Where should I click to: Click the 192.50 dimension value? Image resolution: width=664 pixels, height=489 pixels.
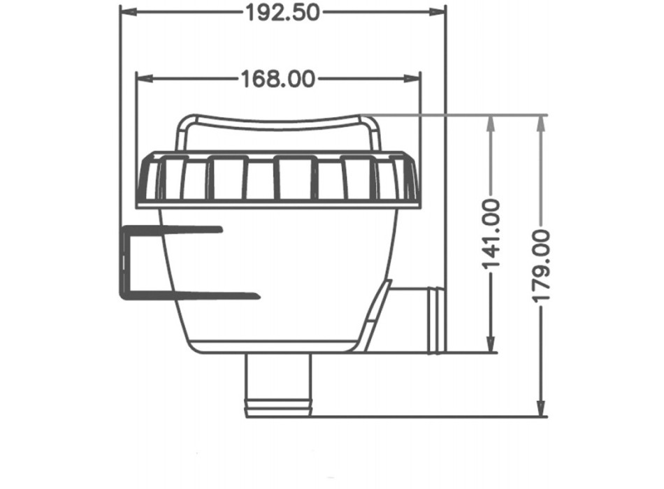282,12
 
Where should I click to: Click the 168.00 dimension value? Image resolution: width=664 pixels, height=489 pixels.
277,78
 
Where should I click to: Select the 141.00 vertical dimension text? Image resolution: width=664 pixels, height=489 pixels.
492,234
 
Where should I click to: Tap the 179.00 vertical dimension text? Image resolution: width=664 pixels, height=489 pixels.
541,265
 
